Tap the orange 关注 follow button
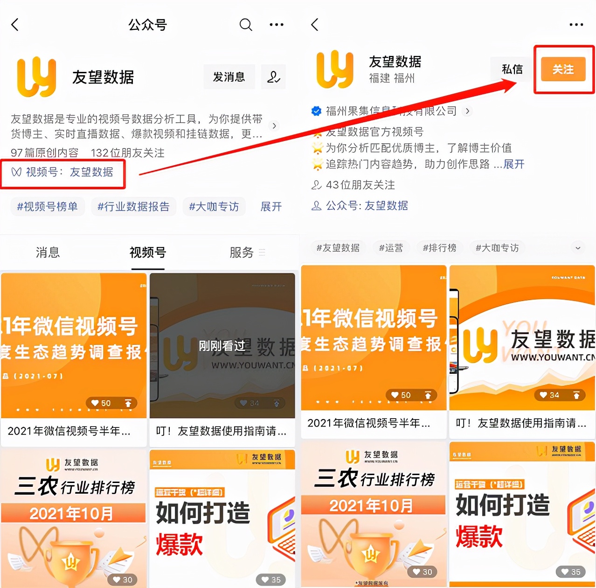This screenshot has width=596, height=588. [x=563, y=70]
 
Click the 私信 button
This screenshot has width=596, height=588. [x=512, y=70]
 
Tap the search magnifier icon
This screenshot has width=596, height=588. [x=245, y=24]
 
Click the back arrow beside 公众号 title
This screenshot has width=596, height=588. [x=15, y=25]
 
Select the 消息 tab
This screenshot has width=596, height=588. [x=48, y=252]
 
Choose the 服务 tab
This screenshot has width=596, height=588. [x=242, y=252]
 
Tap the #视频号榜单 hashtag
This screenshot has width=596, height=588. [x=48, y=207]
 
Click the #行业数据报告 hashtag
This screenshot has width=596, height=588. [x=133, y=207]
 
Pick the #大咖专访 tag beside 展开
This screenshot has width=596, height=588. [x=214, y=207]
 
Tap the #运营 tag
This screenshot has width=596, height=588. [x=391, y=248]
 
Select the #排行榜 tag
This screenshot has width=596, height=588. [x=439, y=248]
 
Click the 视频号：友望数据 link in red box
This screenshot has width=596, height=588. [x=63, y=172]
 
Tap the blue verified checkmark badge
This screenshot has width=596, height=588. [x=316, y=111]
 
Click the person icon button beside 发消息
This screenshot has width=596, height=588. [x=273, y=77]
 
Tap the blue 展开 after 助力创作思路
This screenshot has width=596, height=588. [x=514, y=164]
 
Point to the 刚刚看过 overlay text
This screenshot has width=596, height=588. [x=222, y=346]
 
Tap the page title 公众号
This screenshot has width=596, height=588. [x=147, y=25]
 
